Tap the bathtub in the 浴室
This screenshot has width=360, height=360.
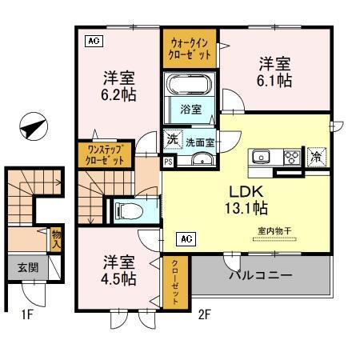click(x=190, y=85)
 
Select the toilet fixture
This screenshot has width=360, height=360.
click(x=127, y=210)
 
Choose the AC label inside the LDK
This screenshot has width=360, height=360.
click(x=184, y=238)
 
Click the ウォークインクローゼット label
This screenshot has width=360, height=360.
click(x=190, y=49)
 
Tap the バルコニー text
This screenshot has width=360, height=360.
click(x=261, y=276)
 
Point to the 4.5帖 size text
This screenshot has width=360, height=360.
click(x=119, y=278)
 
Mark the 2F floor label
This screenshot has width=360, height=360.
click(x=205, y=315)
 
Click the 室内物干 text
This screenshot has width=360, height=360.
click(x=274, y=231)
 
